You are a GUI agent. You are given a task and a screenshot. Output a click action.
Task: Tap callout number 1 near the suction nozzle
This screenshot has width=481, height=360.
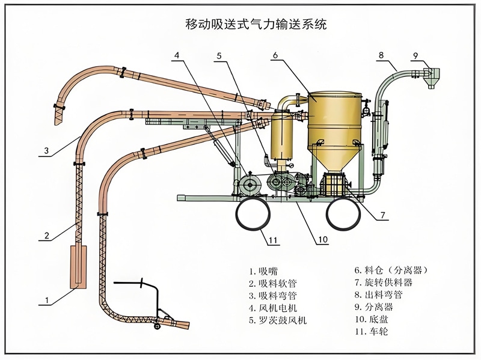pyautogui.click(x=45, y=299)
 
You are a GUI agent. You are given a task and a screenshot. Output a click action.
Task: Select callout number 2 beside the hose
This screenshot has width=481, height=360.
pyautogui.click(x=46, y=236)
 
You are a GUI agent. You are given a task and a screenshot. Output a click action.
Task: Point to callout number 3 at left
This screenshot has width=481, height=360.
pyautogui.click(x=46, y=151)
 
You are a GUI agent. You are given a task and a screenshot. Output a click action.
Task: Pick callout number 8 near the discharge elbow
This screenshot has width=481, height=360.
pyautogui.click(x=380, y=56)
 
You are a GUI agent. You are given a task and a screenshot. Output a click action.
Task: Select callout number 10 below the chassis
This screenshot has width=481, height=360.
pyautogui.click(x=322, y=239)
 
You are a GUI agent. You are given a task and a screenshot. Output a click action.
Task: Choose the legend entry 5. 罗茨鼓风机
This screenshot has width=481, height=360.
pyautogui.click(x=278, y=320)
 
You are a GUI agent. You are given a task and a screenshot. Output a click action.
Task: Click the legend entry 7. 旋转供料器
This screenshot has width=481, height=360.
pyautogui.click(x=382, y=282)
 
